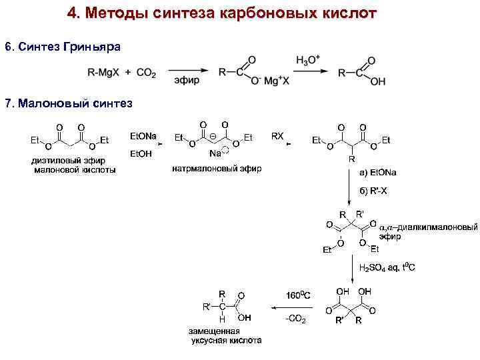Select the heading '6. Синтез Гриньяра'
(63, 47)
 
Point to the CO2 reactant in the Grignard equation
(146, 73)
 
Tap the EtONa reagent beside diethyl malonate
(143, 137)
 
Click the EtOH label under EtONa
(141, 154)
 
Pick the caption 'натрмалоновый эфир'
(217, 168)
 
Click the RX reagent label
(277, 136)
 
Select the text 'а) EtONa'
(378, 173)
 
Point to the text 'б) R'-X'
(375, 190)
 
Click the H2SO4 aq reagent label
(387, 268)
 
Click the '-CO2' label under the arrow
(295, 320)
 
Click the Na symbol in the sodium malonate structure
(215, 153)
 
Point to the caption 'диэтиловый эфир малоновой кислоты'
(73, 165)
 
